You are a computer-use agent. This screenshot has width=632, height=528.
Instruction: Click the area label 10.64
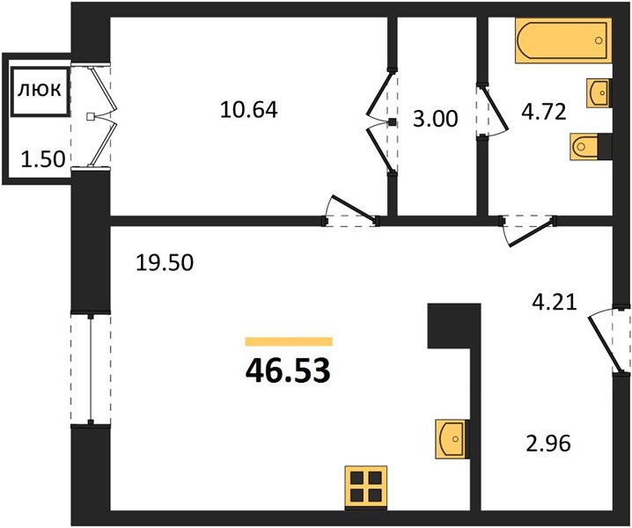(x=249, y=109)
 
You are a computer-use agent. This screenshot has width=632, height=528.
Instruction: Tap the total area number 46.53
(x=288, y=370)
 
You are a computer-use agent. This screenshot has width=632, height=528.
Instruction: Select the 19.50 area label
(x=165, y=263)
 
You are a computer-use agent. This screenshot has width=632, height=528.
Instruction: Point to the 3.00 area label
(x=436, y=119)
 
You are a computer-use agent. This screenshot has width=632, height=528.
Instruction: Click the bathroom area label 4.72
(x=544, y=112)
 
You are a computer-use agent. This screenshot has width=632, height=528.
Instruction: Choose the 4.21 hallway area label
(x=555, y=302)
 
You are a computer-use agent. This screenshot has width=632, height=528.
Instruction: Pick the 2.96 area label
(x=548, y=444)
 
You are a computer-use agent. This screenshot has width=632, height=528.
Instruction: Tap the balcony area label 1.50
(x=43, y=159)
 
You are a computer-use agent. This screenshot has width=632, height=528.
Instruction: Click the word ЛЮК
(x=40, y=91)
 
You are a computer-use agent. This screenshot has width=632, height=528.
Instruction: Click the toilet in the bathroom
(x=592, y=147)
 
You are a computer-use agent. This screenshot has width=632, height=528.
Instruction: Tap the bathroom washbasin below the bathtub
(x=599, y=93)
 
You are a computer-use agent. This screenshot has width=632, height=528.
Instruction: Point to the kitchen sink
(x=452, y=439)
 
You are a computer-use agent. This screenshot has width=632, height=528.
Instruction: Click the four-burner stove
(x=366, y=488)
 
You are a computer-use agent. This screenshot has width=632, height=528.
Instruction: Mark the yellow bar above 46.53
(x=289, y=341)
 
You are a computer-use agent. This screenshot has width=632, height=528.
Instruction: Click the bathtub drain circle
(x=599, y=40)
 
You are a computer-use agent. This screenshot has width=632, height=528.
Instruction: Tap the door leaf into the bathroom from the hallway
(x=530, y=232)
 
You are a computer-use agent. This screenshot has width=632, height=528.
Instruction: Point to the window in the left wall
(x=91, y=369)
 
